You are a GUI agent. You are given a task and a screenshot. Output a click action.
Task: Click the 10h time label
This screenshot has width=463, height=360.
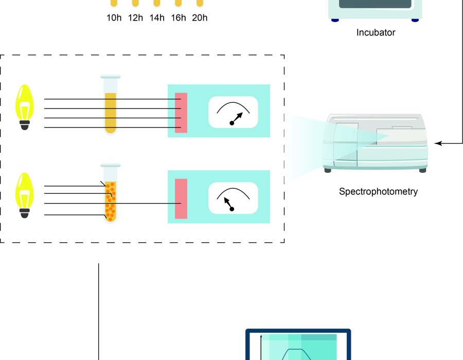pyautogui.click(x=114, y=18)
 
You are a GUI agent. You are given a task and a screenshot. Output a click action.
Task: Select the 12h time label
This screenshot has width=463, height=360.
pyautogui.click(x=135, y=18)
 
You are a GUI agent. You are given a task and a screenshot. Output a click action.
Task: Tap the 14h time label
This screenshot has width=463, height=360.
pyautogui.click(x=157, y=18)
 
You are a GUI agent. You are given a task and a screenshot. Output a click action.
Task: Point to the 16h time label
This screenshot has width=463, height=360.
pyautogui.click(x=178, y=18)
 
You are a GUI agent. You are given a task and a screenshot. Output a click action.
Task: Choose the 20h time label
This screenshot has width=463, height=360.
pyautogui.click(x=200, y=18)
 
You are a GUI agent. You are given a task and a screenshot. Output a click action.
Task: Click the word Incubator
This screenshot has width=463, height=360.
pyautogui.click(x=376, y=32)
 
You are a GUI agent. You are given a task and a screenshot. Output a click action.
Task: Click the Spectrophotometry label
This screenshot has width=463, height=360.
pyautogui.click(x=378, y=192)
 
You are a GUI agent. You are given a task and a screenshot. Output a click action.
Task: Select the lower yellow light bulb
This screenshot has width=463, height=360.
pyautogui.click(x=24, y=192)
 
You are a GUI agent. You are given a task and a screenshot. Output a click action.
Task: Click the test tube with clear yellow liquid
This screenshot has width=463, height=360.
pyautogui.click(x=111, y=111)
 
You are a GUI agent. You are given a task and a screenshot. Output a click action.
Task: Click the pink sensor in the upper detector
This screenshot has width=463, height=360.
pyautogui.click(x=181, y=113)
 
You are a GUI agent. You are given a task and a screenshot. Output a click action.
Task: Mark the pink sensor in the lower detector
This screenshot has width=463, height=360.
pyautogui.click(x=181, y=199)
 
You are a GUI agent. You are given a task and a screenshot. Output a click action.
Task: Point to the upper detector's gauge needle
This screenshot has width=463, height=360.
pyautogui.click(x=237, y=118)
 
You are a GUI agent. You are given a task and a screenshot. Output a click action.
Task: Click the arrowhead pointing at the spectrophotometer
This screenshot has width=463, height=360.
pyautogui.click(x=437, y=143)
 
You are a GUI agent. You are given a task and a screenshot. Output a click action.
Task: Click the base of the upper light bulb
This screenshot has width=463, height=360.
pyautogui.click(x=24, y=124)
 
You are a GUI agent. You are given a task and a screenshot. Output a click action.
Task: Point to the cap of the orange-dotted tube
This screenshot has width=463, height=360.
pyautogui.click(x=111, y=165)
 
